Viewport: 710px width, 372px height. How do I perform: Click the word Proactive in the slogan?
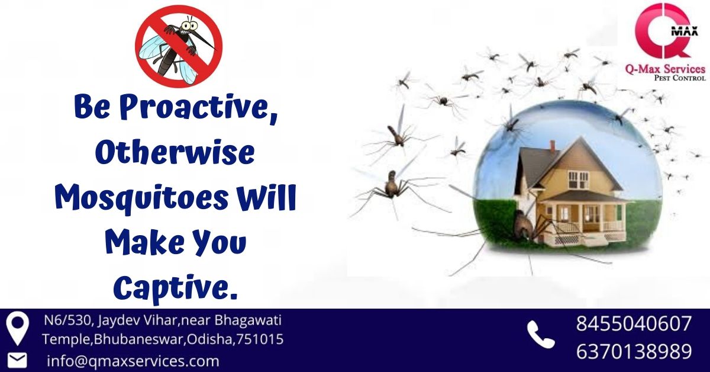(199, 107)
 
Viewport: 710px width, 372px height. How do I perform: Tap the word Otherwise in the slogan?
(175, 153)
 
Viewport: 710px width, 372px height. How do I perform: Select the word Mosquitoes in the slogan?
(141, 198)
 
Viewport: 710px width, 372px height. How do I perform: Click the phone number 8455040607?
(634, 323)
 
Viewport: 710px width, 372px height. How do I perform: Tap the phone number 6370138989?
(634, 351)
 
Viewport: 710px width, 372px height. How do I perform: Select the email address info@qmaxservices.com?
(133, 361)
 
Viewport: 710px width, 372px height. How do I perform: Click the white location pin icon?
(17, 329)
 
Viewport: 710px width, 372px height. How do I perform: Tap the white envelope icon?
(17, 361)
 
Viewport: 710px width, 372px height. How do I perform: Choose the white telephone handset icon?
(540, 334)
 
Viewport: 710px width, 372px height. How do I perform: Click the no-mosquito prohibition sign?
(179, 46)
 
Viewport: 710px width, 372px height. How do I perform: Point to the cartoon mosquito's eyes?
(188, 25)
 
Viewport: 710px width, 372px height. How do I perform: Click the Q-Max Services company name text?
(665, 69)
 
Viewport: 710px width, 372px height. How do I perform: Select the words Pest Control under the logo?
(680, 78)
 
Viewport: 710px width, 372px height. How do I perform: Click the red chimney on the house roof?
(553, 147)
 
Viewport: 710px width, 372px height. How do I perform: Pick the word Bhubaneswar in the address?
(139, 339)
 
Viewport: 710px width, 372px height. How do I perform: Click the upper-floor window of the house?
(577, 180)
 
